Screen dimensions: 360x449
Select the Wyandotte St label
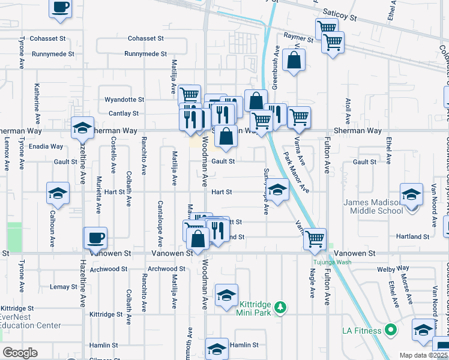click(x=125, y=100)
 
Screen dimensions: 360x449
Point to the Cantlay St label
click(x=124, y=113)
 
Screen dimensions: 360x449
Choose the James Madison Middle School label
click(x=373, y=206)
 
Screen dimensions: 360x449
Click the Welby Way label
click(x=394, y=268)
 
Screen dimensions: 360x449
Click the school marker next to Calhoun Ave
click(x=58, y=194)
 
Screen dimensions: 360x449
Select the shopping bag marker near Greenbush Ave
click(x=294, y=61)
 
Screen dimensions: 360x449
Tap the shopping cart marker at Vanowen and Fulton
click(x=315, y=239)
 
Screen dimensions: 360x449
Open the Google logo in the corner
click(x=19, y=353)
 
